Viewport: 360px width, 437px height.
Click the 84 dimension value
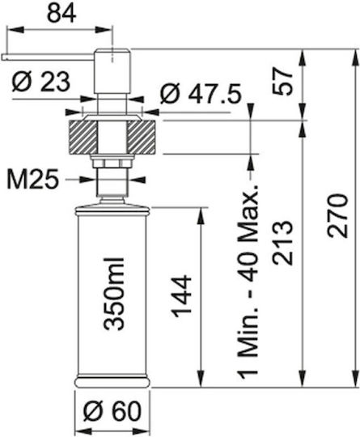click(61, 14)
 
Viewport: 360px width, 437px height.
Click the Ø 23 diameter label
click(40, 83)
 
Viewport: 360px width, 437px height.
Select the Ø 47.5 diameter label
click(201, 94)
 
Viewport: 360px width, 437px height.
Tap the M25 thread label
click(33, 180)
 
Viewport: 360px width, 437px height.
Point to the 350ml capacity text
click(114, 294)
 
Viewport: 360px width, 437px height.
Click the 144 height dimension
click(183, 296)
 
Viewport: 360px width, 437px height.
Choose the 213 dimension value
click(283, 243)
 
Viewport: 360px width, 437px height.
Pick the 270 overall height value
click(338, 216)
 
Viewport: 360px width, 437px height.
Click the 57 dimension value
click(283, 82)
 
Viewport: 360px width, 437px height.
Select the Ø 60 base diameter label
click(112, 411)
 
